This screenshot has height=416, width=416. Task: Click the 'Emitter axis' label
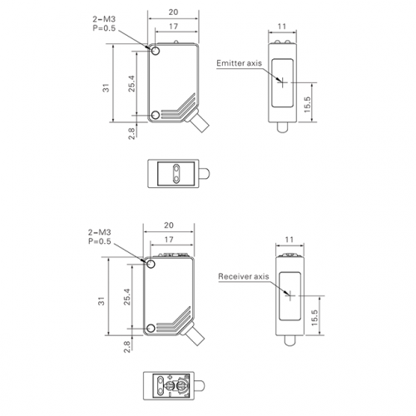click(239, 63)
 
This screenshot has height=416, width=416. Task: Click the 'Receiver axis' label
click(244, 276)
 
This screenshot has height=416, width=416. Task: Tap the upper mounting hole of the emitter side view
click(156, 51)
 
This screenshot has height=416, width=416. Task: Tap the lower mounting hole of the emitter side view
click(156, 115)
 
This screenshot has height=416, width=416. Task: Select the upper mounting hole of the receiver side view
click(151, 264)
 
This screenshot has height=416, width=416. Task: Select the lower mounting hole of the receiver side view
click(151, 329)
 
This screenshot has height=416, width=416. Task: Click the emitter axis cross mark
click(283, 82)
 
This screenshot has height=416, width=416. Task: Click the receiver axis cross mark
click(290, 295)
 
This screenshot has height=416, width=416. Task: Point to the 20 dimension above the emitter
click(173, 12)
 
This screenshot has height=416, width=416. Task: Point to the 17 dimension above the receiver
click(169, 240)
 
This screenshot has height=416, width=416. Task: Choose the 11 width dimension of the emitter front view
click(282, 27)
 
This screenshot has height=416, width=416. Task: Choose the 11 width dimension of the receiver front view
click(290, 240)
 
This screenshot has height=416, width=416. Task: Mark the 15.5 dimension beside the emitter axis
click(307, 104)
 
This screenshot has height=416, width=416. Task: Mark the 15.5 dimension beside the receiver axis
click(314, 318)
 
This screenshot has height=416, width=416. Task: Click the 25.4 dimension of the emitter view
click(131, 83)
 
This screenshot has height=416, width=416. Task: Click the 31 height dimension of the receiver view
click(102, 301)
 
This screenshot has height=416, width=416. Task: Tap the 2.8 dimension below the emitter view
click(131, 133)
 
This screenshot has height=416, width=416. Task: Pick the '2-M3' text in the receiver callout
click(100, 232)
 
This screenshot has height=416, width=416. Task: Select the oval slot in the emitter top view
click(176, 174)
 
